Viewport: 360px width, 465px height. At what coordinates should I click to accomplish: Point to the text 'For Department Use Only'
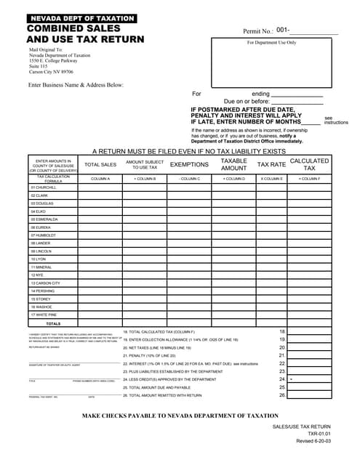[271, 43]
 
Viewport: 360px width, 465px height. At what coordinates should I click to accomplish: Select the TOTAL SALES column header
[100, 165]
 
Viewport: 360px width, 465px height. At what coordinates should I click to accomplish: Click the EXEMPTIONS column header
[189, 165]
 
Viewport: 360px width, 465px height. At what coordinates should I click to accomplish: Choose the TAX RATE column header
[271, 165]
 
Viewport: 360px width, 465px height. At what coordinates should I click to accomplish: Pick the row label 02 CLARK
[40, 195]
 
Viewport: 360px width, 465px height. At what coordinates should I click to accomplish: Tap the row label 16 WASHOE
[42, 307]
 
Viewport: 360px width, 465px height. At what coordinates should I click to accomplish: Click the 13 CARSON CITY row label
[46, 283]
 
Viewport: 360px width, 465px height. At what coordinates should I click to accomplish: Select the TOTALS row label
[53, 323]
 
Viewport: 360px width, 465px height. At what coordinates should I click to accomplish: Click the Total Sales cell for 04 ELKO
[100, 211]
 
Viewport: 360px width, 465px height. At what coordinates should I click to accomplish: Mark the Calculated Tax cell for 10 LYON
[309, 259]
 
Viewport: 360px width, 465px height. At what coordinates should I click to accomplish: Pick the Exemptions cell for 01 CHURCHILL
[189, 187]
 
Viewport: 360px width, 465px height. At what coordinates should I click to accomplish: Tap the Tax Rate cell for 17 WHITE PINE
[271, 315]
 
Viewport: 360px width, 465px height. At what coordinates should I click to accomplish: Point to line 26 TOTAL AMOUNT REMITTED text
[163, 395]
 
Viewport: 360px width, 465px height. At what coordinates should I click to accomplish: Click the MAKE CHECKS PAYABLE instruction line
[180, 415]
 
